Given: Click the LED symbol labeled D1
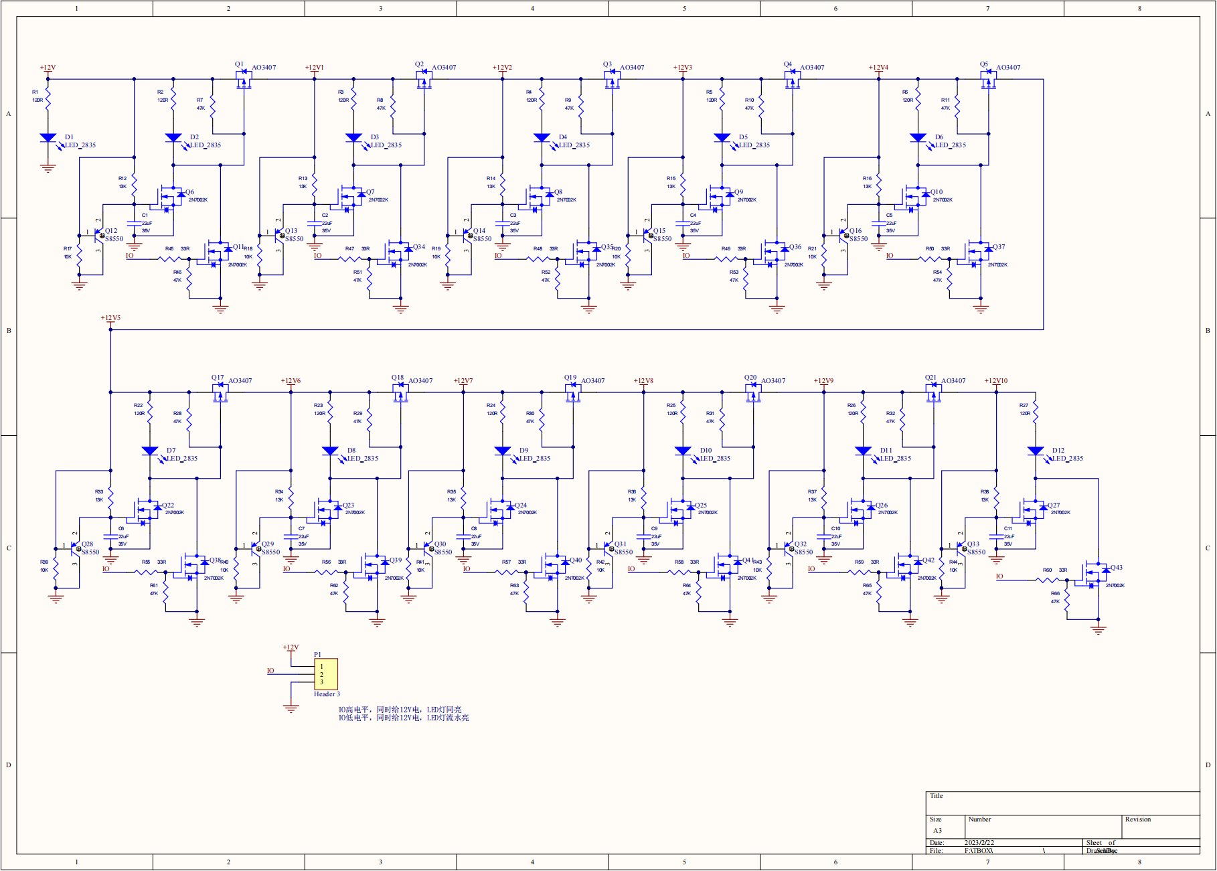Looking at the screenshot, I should pos(48,138).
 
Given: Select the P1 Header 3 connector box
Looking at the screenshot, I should pos(326,674).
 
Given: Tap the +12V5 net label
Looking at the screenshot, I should pos(110,318).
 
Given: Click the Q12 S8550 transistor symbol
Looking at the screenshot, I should pos(98,236).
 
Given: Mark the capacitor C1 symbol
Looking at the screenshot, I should pos(135,223).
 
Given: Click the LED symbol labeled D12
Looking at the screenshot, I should pos(1035,452).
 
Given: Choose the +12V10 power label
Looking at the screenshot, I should pos(995,381).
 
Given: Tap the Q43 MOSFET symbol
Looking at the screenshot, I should pos(1096,574).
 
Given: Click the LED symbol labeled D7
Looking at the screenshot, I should pos(150,452).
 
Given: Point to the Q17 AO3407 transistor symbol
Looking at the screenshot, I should pos(220,396).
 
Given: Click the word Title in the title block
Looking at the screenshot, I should pos(936,796).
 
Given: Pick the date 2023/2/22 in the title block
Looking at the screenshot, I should pos(979,843).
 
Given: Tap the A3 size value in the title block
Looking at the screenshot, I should pos(937,831).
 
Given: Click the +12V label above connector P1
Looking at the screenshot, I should pos(291,647).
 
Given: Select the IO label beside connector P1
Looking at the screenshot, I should pos(270,671).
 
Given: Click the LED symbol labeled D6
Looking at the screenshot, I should pos(918,138).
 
